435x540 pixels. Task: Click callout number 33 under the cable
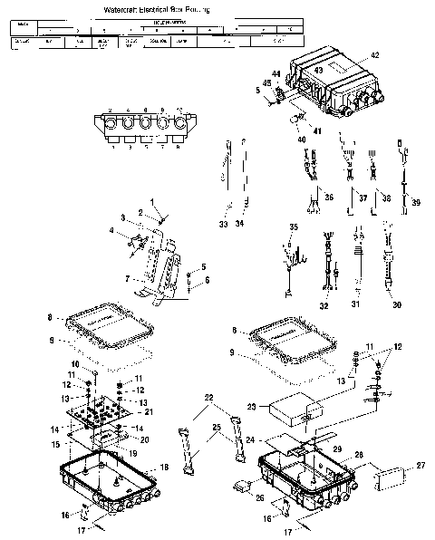point(224,224)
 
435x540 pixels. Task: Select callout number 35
point(293,226)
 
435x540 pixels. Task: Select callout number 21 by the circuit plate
point(150,412)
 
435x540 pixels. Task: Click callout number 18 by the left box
point(164,467)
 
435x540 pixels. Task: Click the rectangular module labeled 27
point(391,477)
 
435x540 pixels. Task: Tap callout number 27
point(420,466)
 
